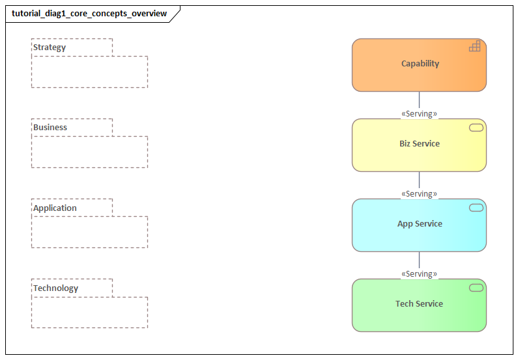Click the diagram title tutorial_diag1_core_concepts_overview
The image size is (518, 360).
89,14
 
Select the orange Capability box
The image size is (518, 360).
419,64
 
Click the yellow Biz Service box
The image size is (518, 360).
419,145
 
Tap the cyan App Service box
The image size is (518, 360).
419,225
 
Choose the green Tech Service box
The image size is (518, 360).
419,305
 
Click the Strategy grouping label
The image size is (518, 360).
50,48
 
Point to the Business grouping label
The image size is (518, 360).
50,128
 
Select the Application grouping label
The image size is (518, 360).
55,208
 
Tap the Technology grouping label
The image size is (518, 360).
55,288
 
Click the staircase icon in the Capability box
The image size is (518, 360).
475,46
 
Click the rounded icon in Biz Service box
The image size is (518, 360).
476,128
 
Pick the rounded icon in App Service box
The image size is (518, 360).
476,208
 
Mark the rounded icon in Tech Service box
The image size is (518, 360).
476,288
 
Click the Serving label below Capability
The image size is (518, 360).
419,114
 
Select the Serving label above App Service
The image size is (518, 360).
419,194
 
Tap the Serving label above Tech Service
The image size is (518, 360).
419,274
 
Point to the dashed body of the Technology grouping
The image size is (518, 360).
89,312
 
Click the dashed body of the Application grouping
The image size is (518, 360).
89,232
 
